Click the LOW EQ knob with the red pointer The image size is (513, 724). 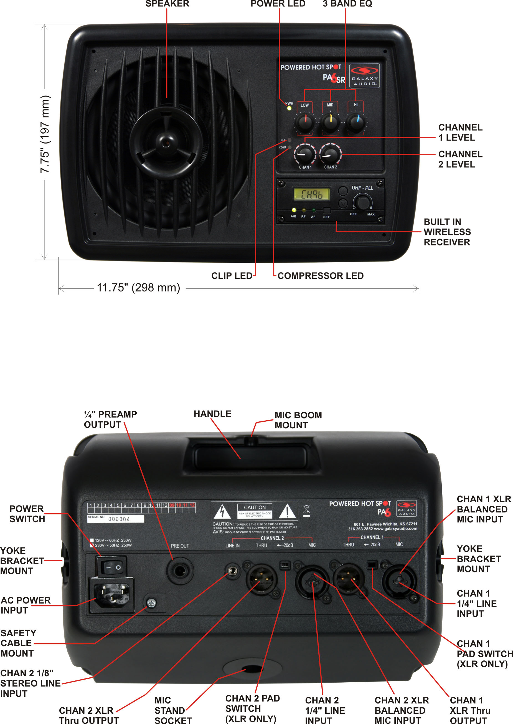305,123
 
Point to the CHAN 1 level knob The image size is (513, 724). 305,154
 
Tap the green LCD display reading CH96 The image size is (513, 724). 312,194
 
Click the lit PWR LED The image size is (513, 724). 289,108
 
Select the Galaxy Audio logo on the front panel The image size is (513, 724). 364,76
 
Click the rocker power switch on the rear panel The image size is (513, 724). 111,567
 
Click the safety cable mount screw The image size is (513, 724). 152,603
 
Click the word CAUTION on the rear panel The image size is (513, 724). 255,507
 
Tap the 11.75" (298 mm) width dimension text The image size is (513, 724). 138,288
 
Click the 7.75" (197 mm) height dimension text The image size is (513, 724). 45,134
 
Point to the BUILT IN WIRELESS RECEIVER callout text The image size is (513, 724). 447,232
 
